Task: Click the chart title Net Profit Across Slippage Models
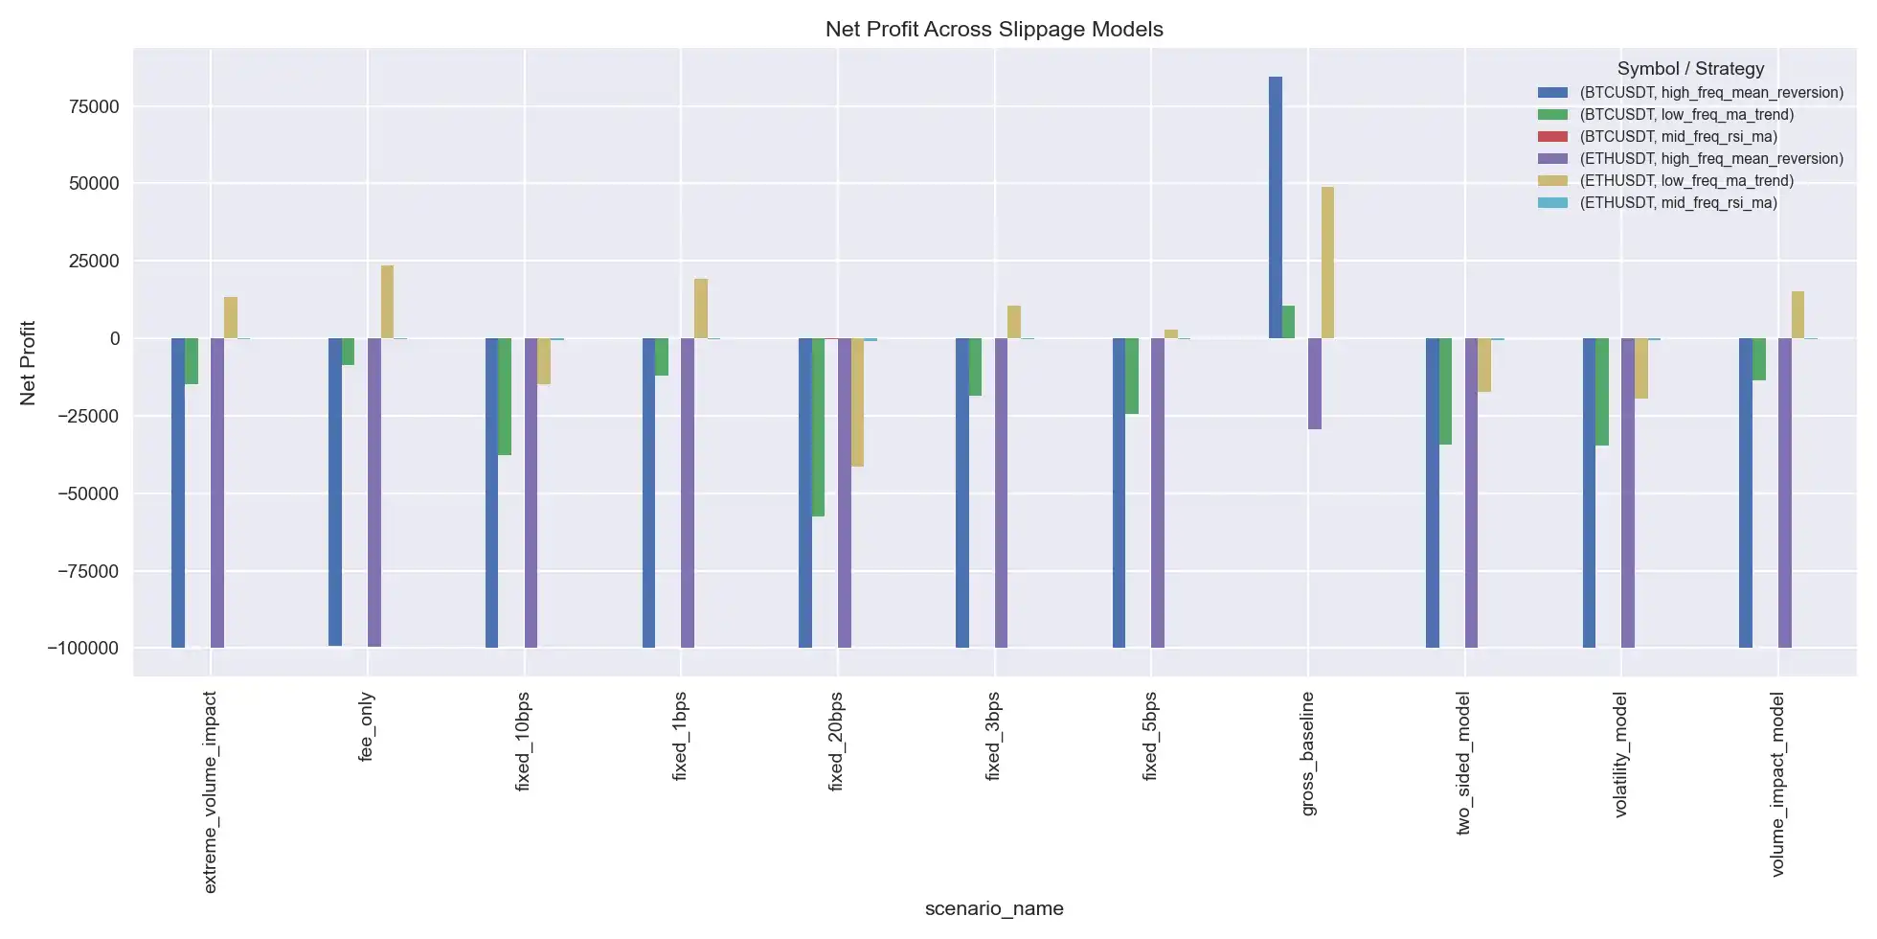pyautogui.click(x=994, y=29)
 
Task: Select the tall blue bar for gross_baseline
pyautogui.click(x=1276, y=207)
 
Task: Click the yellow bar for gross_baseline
pyautogui.click(x=1327, y=263)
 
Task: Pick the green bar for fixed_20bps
pyautogui.click(x=819, y=427)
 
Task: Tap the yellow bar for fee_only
pyautogui.click(x=387, y=302)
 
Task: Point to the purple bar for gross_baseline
pyautogui.click(x=1315, y=383)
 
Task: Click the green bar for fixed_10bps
pyautogui.click(x=505, y=397)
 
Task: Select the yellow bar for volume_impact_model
pyautogui.click(x=1798, y=314)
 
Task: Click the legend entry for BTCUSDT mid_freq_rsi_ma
pyautogui.click(x=1678, y=137)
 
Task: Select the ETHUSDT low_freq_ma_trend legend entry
pyautogui.click(x=1685, y=181)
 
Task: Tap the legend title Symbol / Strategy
pyautogui.click(x=1690, y=69)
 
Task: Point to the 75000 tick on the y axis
pyautogui.click(x=94, y=106)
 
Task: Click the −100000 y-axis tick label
pyautogui.click(x=83, y=649)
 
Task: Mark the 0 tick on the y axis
pyautogui.click(x=114, y=338)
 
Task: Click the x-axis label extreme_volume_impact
pyautogui.click(x=211, y=791)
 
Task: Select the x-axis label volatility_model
pyautogui.click(x=1621, y=754)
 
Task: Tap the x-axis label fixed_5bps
pyautogui.click(x=1151, y=736)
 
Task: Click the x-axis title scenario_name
pyautogui.click(x=994, y=908)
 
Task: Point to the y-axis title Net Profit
pyautogui.click(x=28, y=362)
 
